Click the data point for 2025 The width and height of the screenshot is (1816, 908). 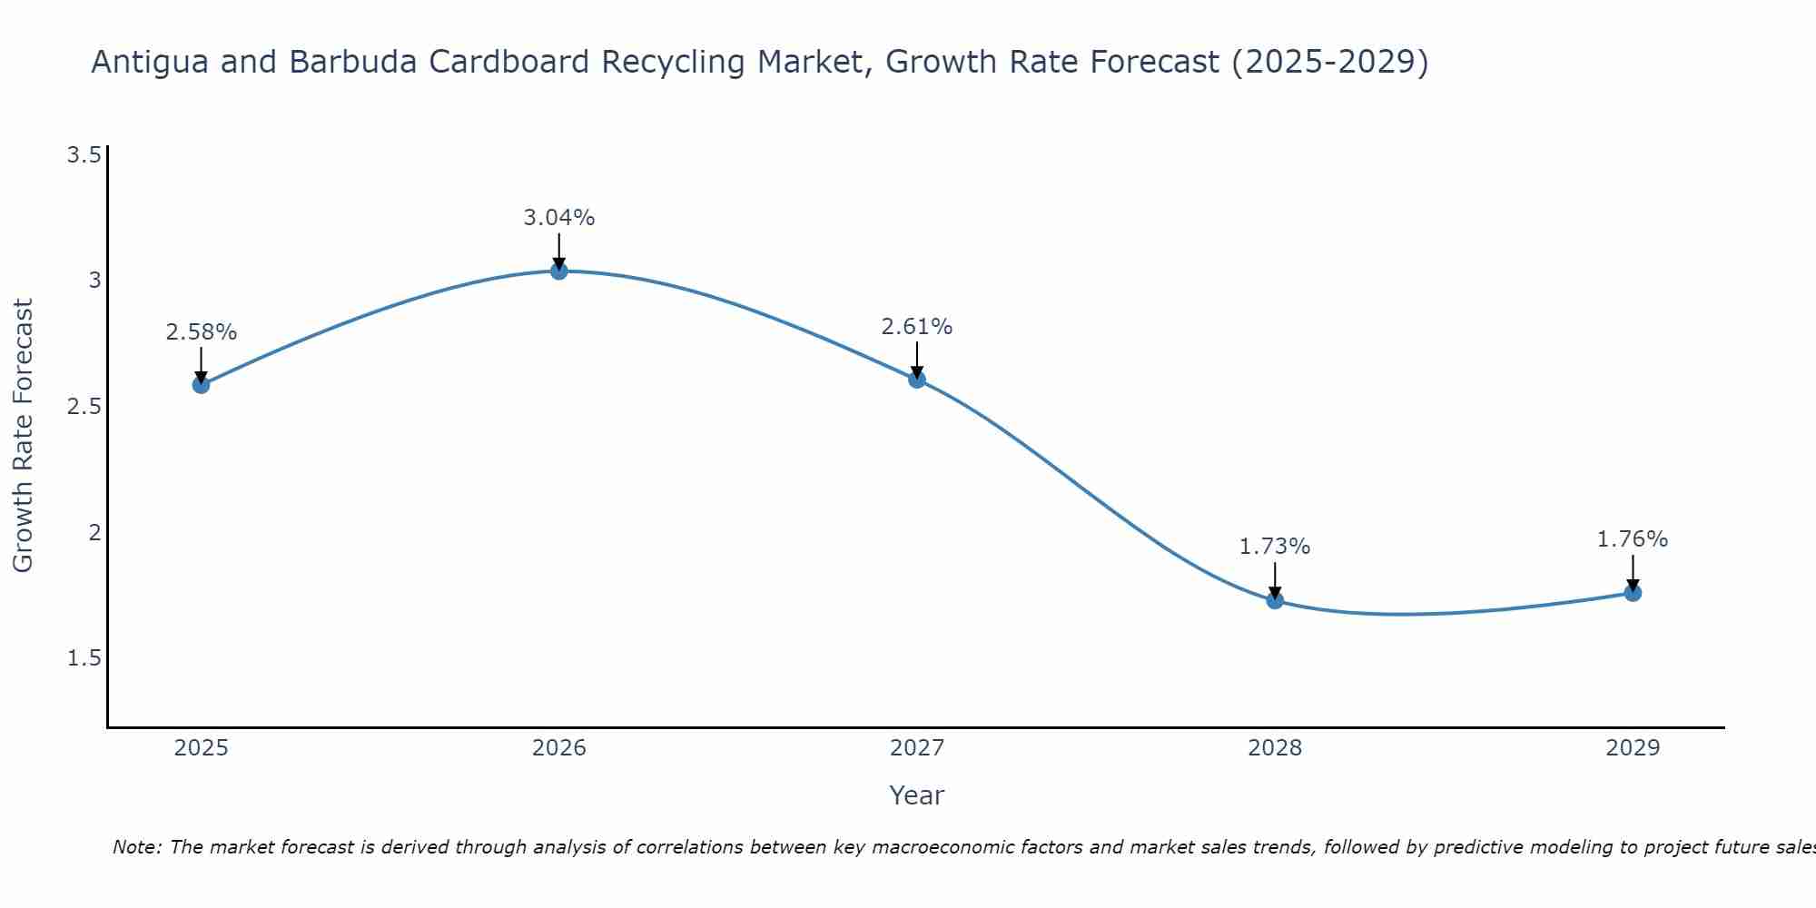point(201,384)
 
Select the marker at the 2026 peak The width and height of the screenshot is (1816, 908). point(558,271)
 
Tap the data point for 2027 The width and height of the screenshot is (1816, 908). point(917,380)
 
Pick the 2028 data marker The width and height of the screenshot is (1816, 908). point(1275,600)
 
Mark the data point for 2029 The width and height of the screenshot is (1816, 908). point(1633,593)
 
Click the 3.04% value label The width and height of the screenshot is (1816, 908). point(558,218)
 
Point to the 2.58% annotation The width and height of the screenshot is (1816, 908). point(201,332)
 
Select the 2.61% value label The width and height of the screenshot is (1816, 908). point(917,327)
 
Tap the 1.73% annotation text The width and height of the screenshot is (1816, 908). point(1275,547)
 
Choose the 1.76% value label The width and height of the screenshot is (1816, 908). point(1633,539)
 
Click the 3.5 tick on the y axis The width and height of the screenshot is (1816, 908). point(84,155)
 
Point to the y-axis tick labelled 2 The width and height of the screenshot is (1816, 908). point(94,532)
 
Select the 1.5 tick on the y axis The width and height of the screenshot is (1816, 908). point(84,658)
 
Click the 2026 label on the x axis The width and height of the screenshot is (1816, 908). point(558,748)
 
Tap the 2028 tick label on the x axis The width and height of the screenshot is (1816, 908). point(1275,748)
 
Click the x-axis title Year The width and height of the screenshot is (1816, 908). point(916,795)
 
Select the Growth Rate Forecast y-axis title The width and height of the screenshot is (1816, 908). point(23,436)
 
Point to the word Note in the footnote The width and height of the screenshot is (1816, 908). point(136,847)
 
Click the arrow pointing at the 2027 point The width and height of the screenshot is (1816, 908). point(917,359)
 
